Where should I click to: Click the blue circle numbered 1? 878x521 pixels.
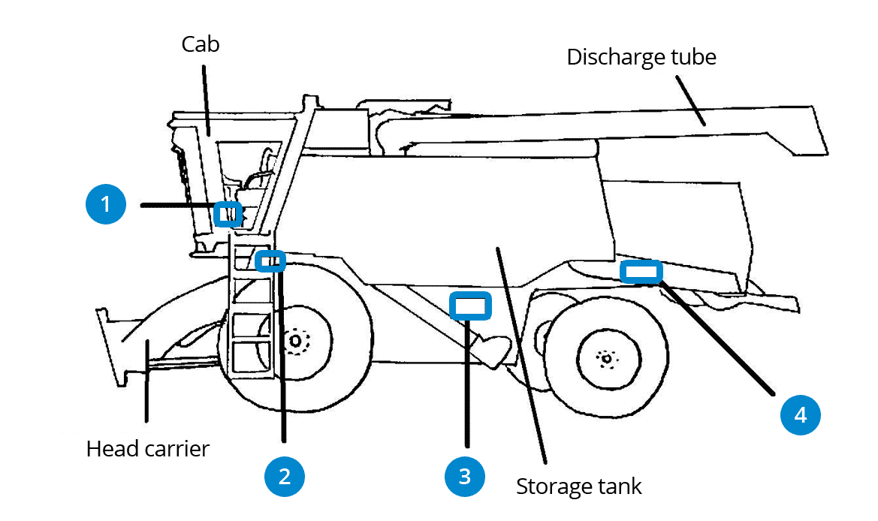(x=106, y=204)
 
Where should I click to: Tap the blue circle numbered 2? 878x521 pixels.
(x=284, y=476)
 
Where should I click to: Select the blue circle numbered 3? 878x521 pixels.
(x=464, y=476)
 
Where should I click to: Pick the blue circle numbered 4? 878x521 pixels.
(x=801, y=414)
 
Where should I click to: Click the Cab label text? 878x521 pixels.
(x=201, y=44)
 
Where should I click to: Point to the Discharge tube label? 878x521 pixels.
(x=641, y=57)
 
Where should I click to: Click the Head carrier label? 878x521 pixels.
(x=148, y=449)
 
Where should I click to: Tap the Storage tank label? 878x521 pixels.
(x=578, y=486)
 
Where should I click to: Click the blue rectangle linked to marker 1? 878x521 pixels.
(x=228, y=214)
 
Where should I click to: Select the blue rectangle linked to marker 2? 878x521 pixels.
(x=270, y=261)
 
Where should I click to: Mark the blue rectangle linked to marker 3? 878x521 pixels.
(x=469, y=306)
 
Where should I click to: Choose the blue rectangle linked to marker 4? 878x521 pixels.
(x=641, y=271)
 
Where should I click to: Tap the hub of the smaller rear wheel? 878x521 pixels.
(x=606, y=358)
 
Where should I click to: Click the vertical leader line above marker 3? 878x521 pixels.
(x=467, y=383)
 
